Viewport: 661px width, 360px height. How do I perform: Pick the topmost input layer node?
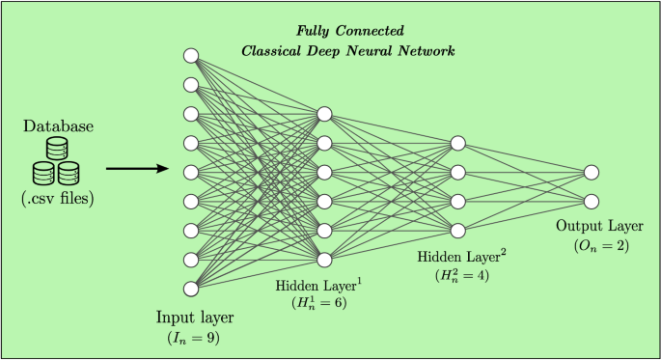[191, 56]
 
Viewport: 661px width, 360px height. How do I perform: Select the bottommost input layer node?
[191, 288]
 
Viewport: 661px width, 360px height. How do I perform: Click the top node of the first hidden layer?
[324, 115]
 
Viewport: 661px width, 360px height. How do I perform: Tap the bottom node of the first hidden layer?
[324, 259]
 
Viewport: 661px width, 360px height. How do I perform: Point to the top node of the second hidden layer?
[458, 144]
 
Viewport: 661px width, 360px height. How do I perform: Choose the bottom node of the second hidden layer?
[458, 230]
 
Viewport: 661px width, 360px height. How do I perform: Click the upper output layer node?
[592, 173]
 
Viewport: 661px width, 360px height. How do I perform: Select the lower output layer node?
[592, 202]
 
